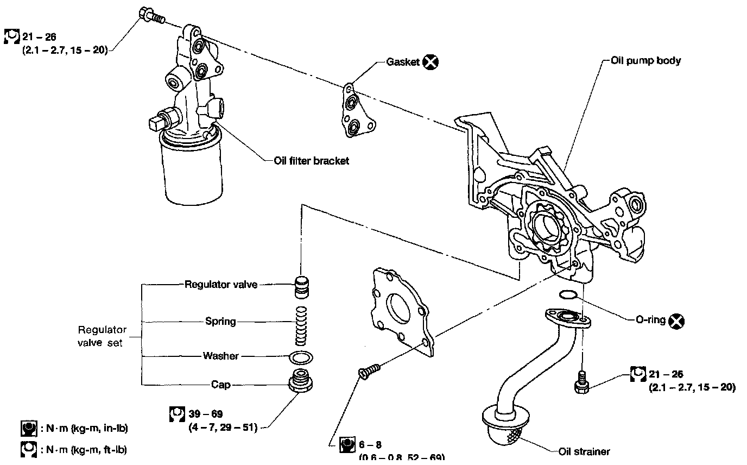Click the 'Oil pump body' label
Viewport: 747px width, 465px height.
tap(645, 61)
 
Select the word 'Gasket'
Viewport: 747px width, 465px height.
tap(403, 62)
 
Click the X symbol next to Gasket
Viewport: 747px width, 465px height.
tap(431, 62)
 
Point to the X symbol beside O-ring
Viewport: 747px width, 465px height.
tap(676, 321)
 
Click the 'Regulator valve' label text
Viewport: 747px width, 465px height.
tap(220, 284)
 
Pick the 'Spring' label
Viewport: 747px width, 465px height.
tap(220, 321)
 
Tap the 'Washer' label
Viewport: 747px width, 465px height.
tap(220, 356)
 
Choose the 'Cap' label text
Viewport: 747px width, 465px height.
tap(221, 385)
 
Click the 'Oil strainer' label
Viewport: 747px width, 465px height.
tap(584, 451)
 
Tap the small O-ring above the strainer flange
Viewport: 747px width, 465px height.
tap(567, 295)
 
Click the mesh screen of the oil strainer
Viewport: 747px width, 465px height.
tap(513, 433)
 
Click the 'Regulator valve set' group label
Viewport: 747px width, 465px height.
tap(102, 336)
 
